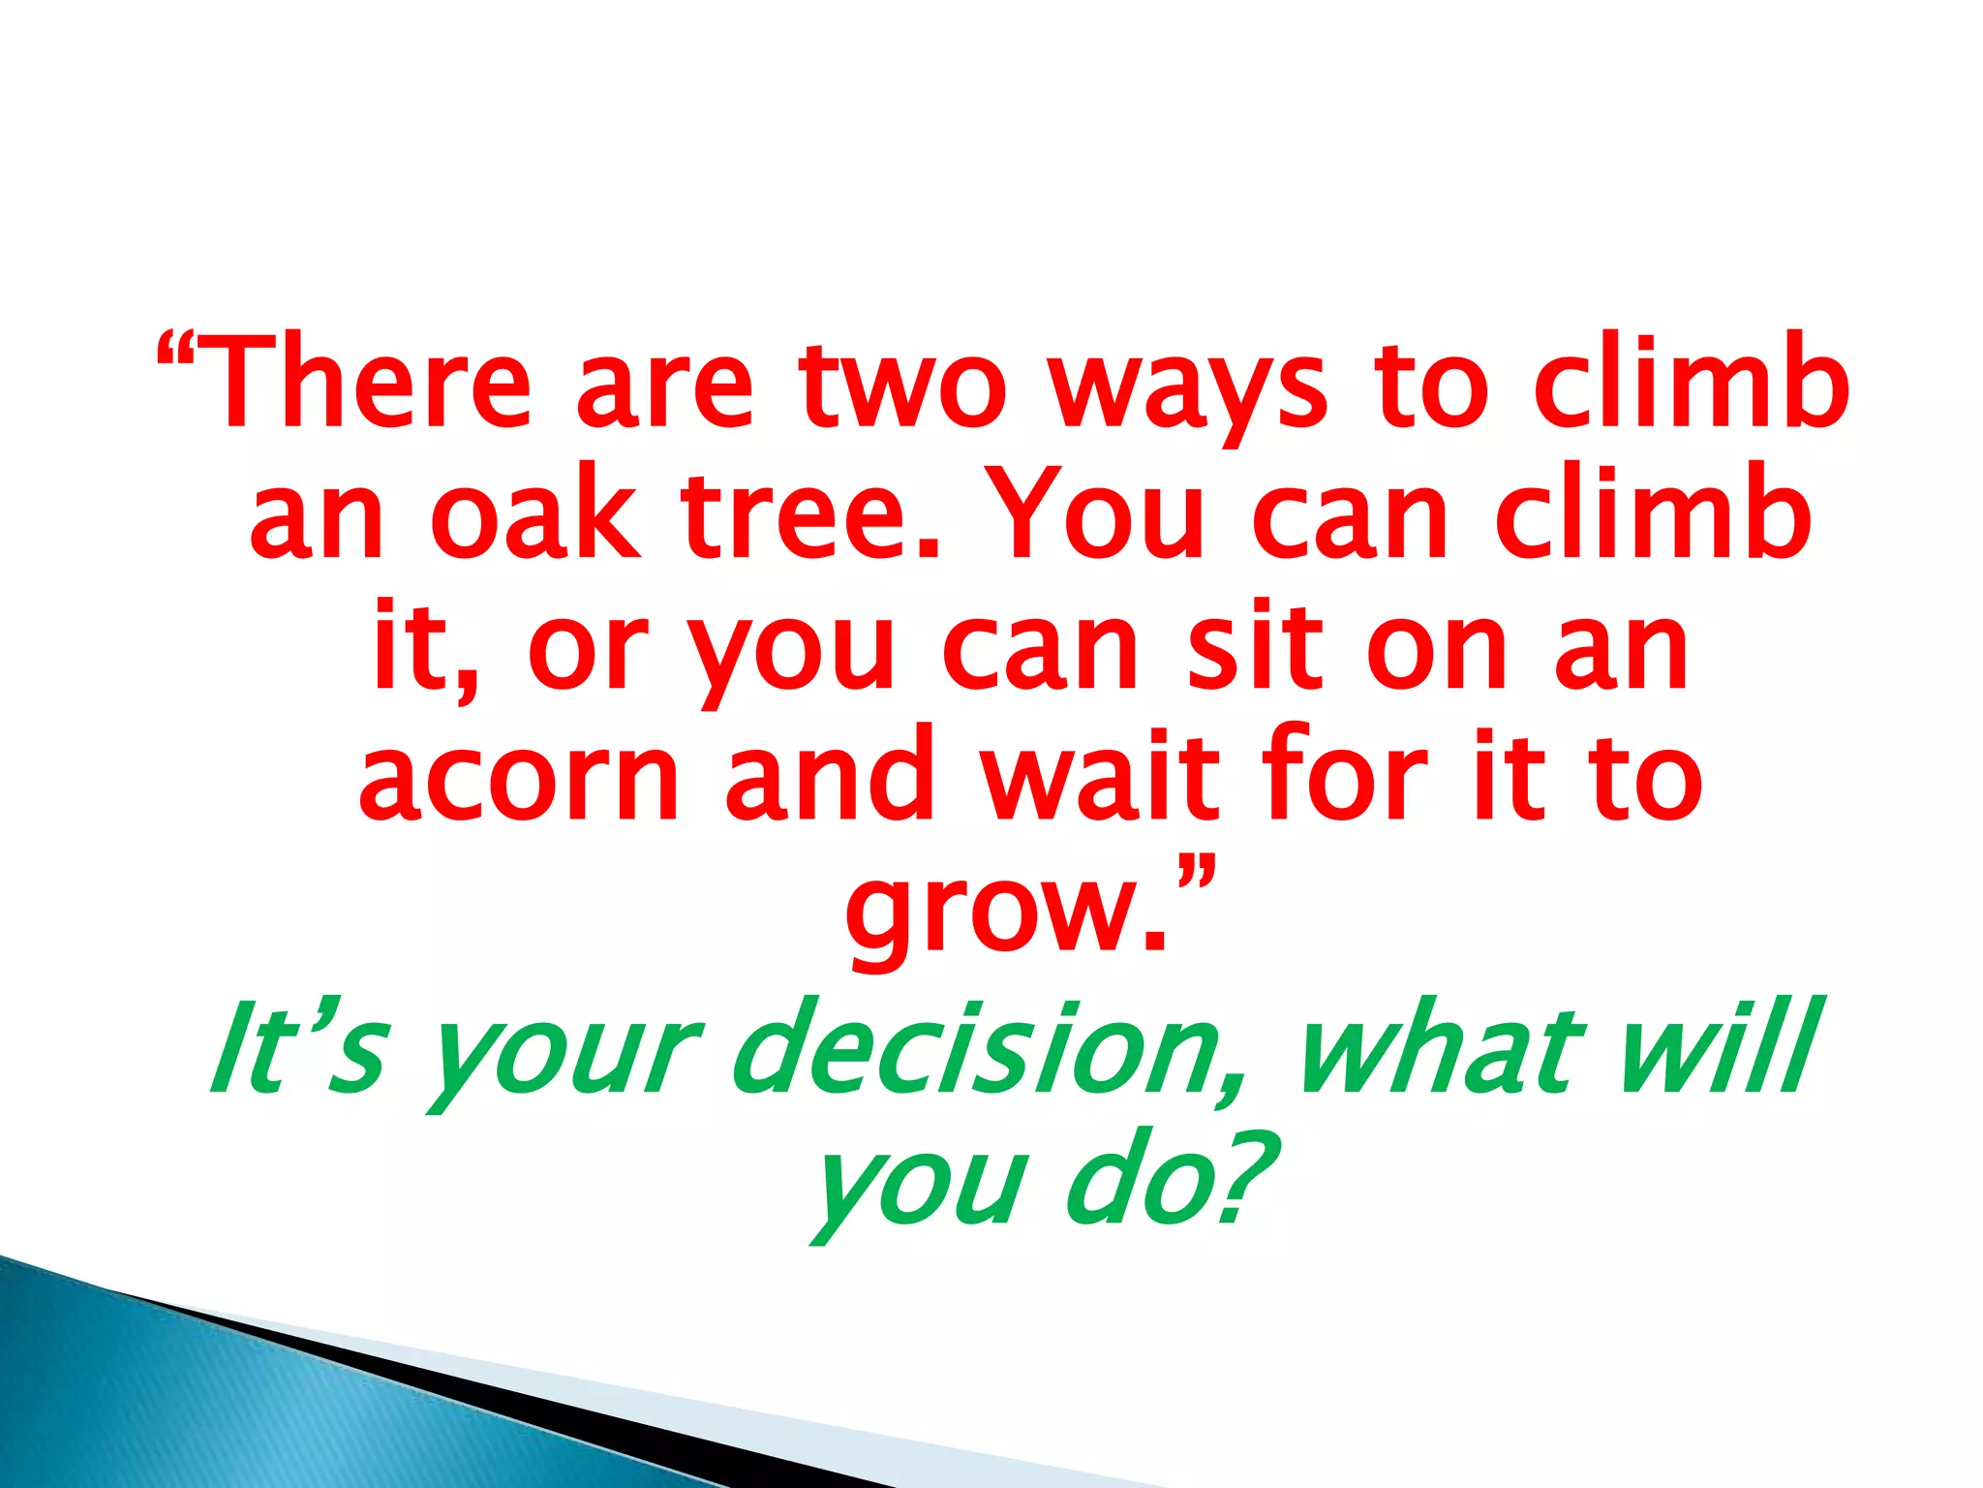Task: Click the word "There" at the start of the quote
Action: tap(368, 383)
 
